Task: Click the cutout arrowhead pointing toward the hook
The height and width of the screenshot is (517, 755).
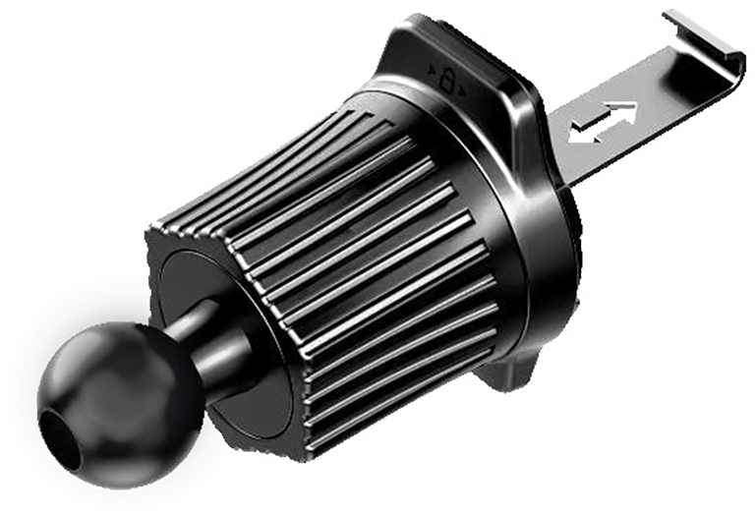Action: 627,109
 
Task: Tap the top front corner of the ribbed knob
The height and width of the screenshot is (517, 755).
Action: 157,228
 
